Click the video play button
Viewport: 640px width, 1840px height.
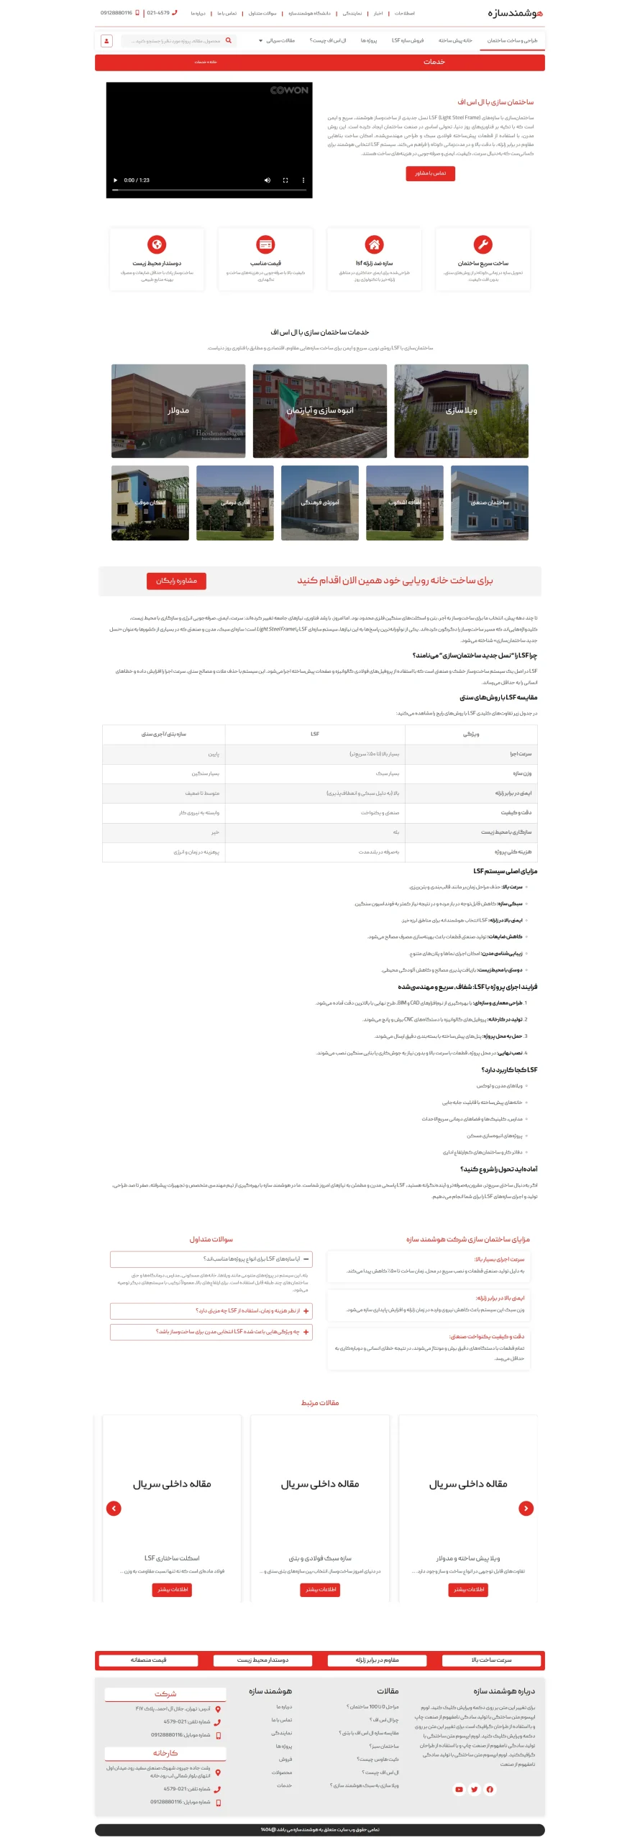115,180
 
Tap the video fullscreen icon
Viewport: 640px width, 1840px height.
285,180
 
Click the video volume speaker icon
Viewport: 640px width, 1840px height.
268,180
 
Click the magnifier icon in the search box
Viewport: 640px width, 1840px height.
229,41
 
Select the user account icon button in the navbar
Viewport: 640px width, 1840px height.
106,41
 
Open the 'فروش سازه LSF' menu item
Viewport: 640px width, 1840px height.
408,41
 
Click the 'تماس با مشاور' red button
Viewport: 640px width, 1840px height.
430,173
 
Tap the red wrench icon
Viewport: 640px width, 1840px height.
483,244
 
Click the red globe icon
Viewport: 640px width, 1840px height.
157,244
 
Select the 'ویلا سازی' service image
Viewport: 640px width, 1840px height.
461,411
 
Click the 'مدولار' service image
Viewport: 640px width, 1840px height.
178,411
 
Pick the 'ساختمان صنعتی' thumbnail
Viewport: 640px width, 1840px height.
489,503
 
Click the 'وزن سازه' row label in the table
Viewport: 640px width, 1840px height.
522,773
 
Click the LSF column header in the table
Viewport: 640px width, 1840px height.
315,734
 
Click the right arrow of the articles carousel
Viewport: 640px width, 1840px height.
526,1509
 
